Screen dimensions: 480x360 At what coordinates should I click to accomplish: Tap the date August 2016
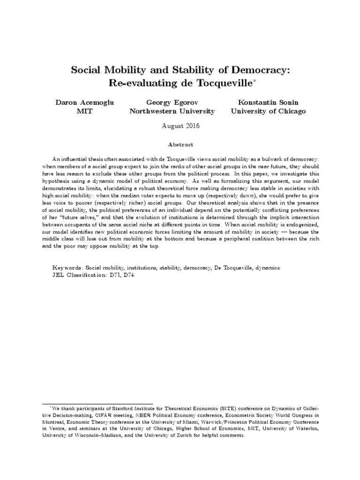[180, 126]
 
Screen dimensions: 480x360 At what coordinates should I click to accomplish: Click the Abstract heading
[180, 145]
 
